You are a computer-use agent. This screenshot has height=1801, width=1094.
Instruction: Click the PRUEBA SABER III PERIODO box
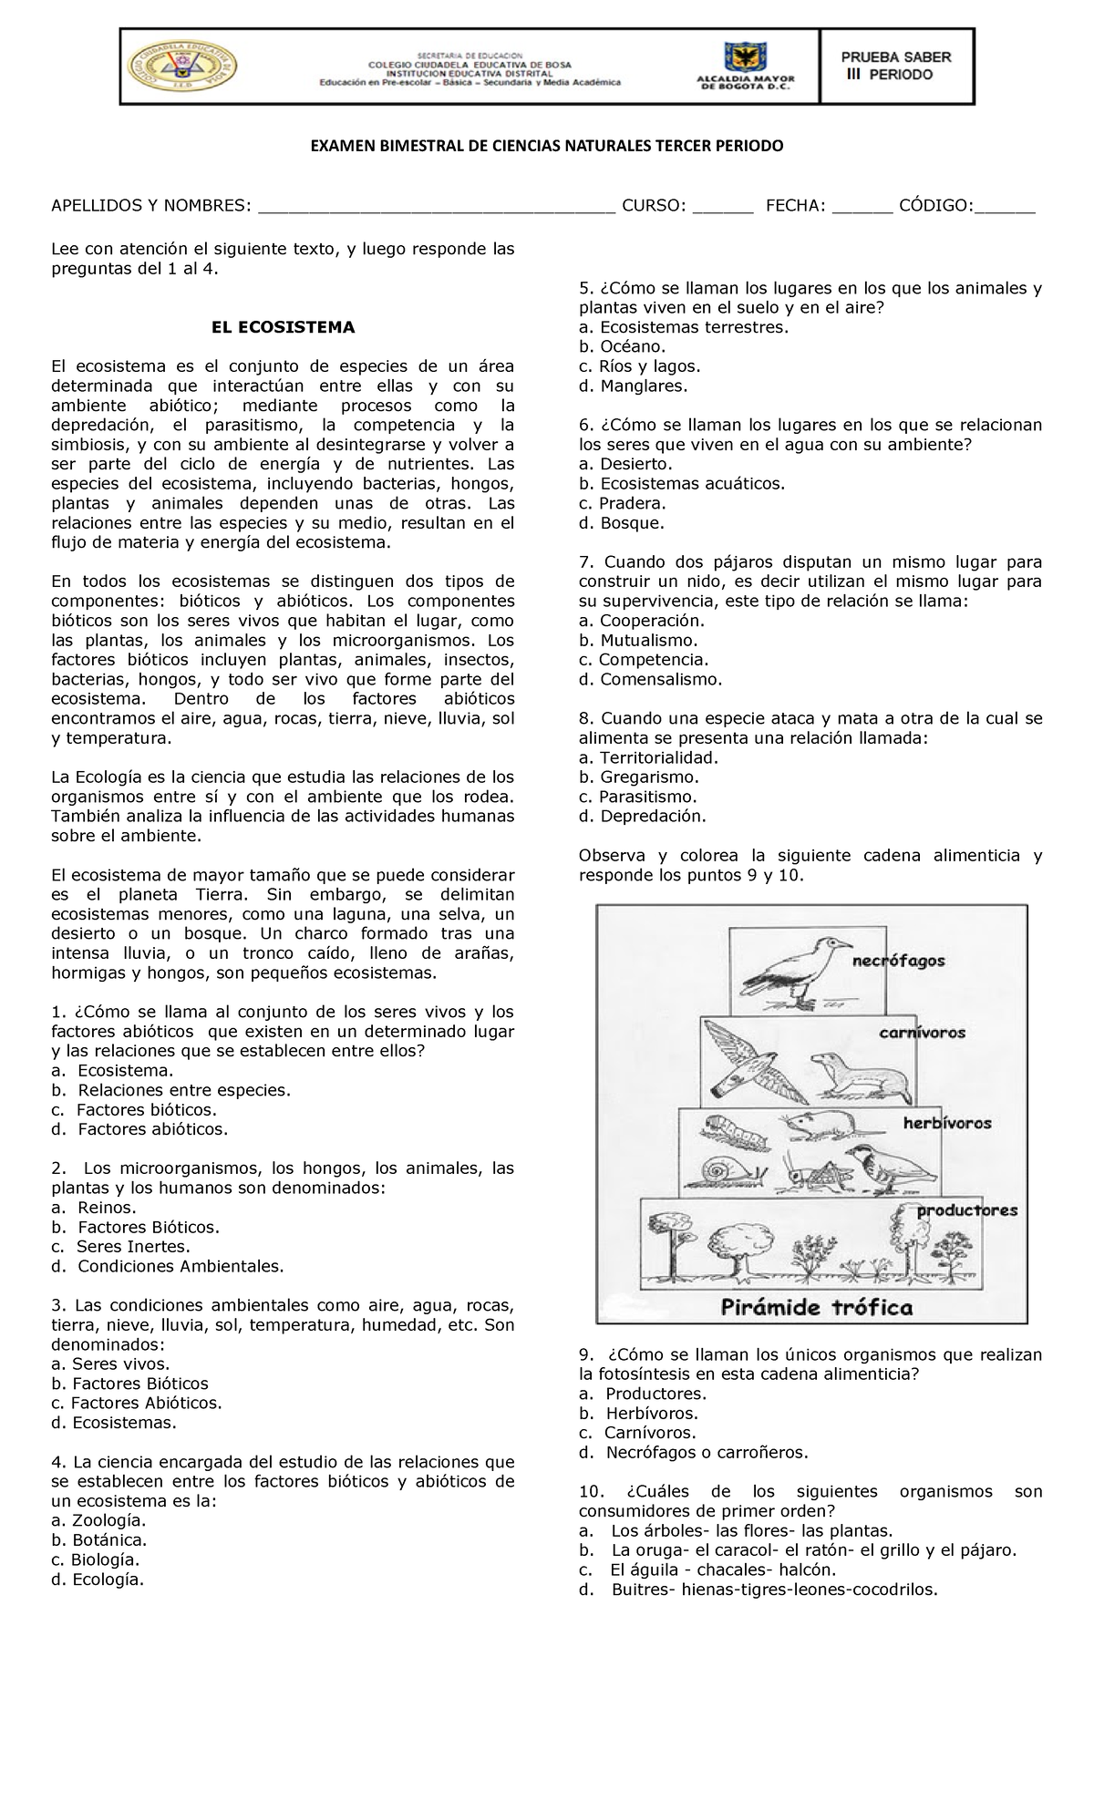[896, 66]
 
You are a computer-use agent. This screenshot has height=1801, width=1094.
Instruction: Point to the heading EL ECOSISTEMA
[283, 327]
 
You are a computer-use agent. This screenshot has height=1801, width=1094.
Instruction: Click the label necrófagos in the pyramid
[898, 961]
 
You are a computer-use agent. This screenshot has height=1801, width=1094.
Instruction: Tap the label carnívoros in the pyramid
[922, 1033]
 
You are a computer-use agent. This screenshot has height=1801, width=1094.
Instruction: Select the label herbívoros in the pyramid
[946, 1123]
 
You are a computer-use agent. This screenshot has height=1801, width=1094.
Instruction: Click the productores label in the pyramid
[966, 1210]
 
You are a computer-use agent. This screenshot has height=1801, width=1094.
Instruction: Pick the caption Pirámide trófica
[816, 1308]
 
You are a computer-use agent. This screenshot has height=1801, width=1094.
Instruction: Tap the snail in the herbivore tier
[713, 1171]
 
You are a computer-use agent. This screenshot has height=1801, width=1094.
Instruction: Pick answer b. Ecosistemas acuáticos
[682, 484]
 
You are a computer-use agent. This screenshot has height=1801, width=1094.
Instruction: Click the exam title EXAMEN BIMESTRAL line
[546, 147]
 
